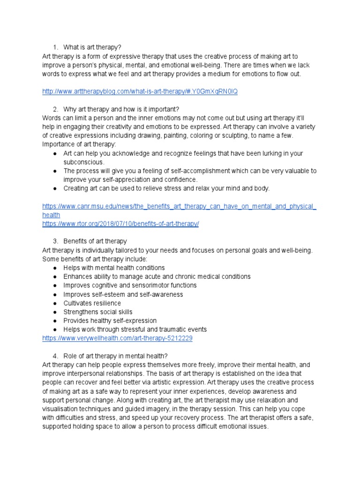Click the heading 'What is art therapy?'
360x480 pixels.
tap(92, 47)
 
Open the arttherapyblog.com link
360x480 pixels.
tap(140, 91)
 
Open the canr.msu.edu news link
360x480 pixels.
tap(179, 206)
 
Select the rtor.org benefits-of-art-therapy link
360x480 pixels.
tap(120, 224)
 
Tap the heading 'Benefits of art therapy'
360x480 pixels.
tap(95, 241)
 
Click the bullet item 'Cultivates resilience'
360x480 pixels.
tap(92, 303)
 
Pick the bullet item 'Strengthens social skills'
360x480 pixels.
tap(98, 312)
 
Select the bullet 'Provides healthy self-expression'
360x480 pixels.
tap(110, 321)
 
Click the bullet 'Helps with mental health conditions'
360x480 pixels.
tap(114, 268)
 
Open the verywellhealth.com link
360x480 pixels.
tap(117, 338)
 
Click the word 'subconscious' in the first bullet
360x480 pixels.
tap(83, 162)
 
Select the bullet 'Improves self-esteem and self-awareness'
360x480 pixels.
tap(123, 294)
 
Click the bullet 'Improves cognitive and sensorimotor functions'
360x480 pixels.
tap(130, 285)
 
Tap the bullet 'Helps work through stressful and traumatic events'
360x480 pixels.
tap(135, 330)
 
